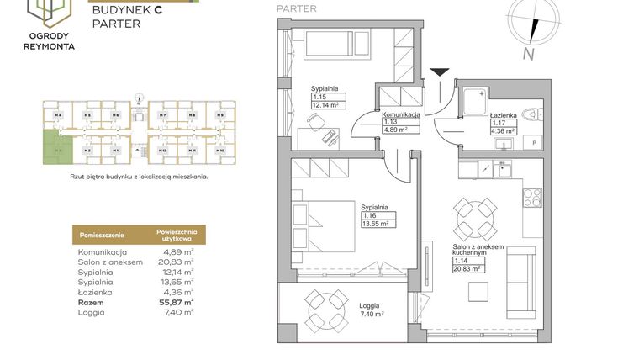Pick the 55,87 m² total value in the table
pos(178,301)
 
